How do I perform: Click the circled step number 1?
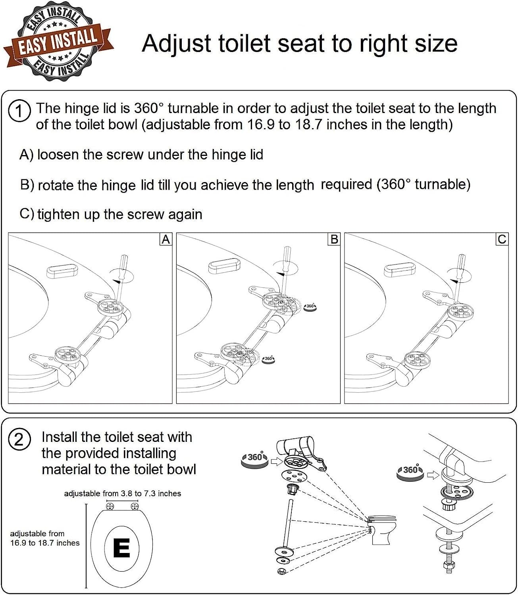[19, 111]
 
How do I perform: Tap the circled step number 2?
[19, 440]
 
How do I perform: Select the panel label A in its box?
[166, 240]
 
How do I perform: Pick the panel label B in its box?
[334, 240]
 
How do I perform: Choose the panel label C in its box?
[502, 240]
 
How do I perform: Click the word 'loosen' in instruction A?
[58, 155]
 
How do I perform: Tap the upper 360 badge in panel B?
[310, 306]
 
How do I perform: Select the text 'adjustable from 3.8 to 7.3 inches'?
[122, 493]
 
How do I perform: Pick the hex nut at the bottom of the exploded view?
[280, 571]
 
